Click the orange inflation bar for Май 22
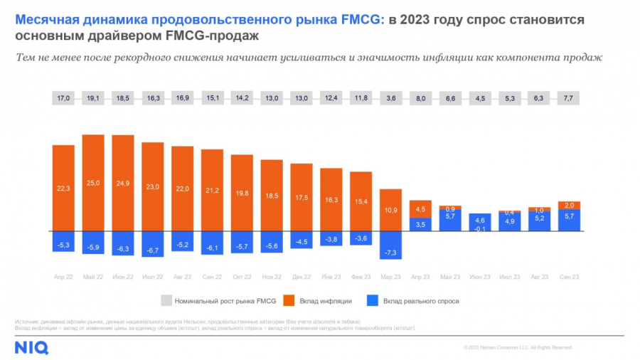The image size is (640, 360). coord(93,183)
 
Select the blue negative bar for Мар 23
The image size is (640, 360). coord(391,245)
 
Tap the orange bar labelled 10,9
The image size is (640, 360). coord(391,210)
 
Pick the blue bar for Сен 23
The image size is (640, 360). coord(570,220)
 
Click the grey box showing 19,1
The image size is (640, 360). coord(93,99)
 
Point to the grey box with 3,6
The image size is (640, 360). coord(391,99)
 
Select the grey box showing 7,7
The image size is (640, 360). coord(570,99)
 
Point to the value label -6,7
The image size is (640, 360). coord(153,250)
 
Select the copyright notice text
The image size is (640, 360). coord(517,347)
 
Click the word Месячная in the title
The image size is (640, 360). coord(47,19)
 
